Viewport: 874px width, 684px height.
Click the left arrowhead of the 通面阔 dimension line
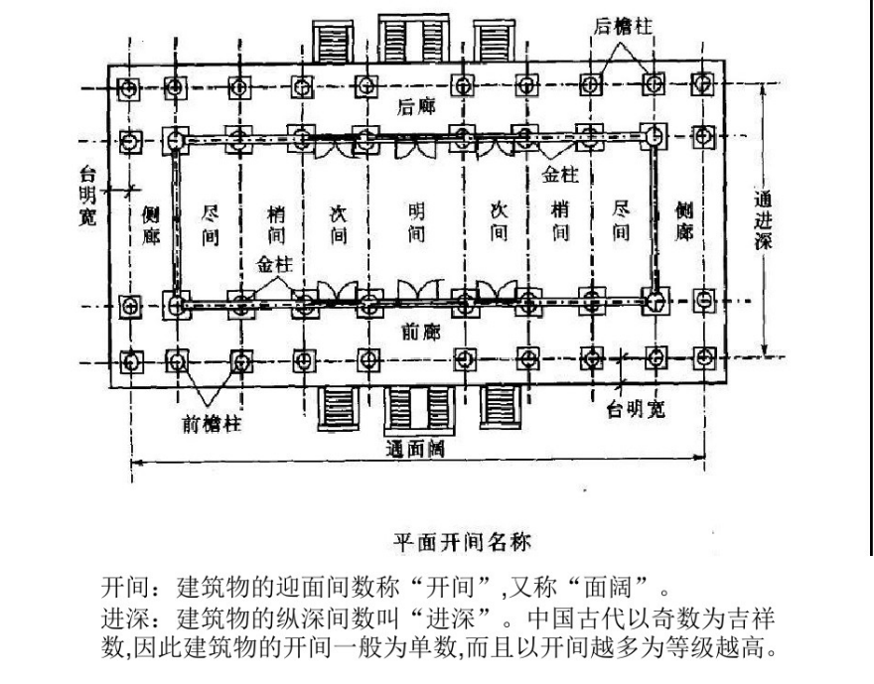click(134, 462)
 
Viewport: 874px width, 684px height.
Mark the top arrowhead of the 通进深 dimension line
click(764, 85)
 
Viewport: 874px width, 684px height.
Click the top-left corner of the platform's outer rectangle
click(108, 66)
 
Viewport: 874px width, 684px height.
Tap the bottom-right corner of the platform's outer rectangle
click(726, 381)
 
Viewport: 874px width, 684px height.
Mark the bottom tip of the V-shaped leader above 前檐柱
click(209, 405)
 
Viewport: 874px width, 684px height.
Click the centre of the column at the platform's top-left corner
click(129, 88)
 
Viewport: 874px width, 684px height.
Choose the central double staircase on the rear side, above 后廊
click(413, 39)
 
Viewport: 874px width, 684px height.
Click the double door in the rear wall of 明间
click(415, 148)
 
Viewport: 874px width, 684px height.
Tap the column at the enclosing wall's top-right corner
click(654, 135)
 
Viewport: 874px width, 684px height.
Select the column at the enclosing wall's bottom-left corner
click(176, 305)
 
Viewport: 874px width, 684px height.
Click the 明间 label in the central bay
click(416, 221)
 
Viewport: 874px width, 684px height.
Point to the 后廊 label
click(416, 106)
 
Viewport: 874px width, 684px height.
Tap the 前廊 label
click(421, 332)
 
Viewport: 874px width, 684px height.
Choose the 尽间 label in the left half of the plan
click(210, 225)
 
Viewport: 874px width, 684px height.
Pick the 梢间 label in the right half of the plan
click(559, 220)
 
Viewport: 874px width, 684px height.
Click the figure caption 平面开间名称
click(462, 541)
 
